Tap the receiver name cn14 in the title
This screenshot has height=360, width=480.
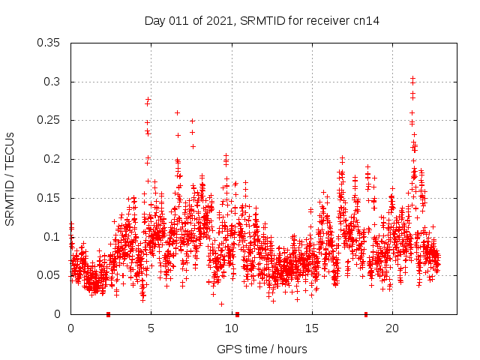click(365, 21)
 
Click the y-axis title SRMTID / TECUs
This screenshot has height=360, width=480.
click(10, 178)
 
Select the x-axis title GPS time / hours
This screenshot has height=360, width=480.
click(262, 349)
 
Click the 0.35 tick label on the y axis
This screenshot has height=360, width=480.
click(49, 43)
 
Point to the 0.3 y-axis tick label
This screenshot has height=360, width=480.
click(52, 82)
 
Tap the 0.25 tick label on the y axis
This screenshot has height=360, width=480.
click(49, 120)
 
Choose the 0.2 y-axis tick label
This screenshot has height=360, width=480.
click(52, 159)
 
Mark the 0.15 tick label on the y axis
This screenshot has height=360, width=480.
click(49, 198)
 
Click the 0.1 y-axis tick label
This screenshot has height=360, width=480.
click(52, 237)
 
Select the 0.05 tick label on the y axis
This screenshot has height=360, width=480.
click(49, 275)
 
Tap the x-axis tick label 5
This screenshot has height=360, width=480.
click(151, 328)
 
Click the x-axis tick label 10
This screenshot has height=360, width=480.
click(231, 328)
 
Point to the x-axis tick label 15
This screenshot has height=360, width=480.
click(311, 328)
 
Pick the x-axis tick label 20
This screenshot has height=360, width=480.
click(391, 328)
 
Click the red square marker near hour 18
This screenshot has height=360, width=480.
click(366, 314)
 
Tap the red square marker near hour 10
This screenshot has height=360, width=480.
click(237, 314)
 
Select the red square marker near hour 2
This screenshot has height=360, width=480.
click(109, 314)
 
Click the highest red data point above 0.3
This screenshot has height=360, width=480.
click(412, 78)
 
